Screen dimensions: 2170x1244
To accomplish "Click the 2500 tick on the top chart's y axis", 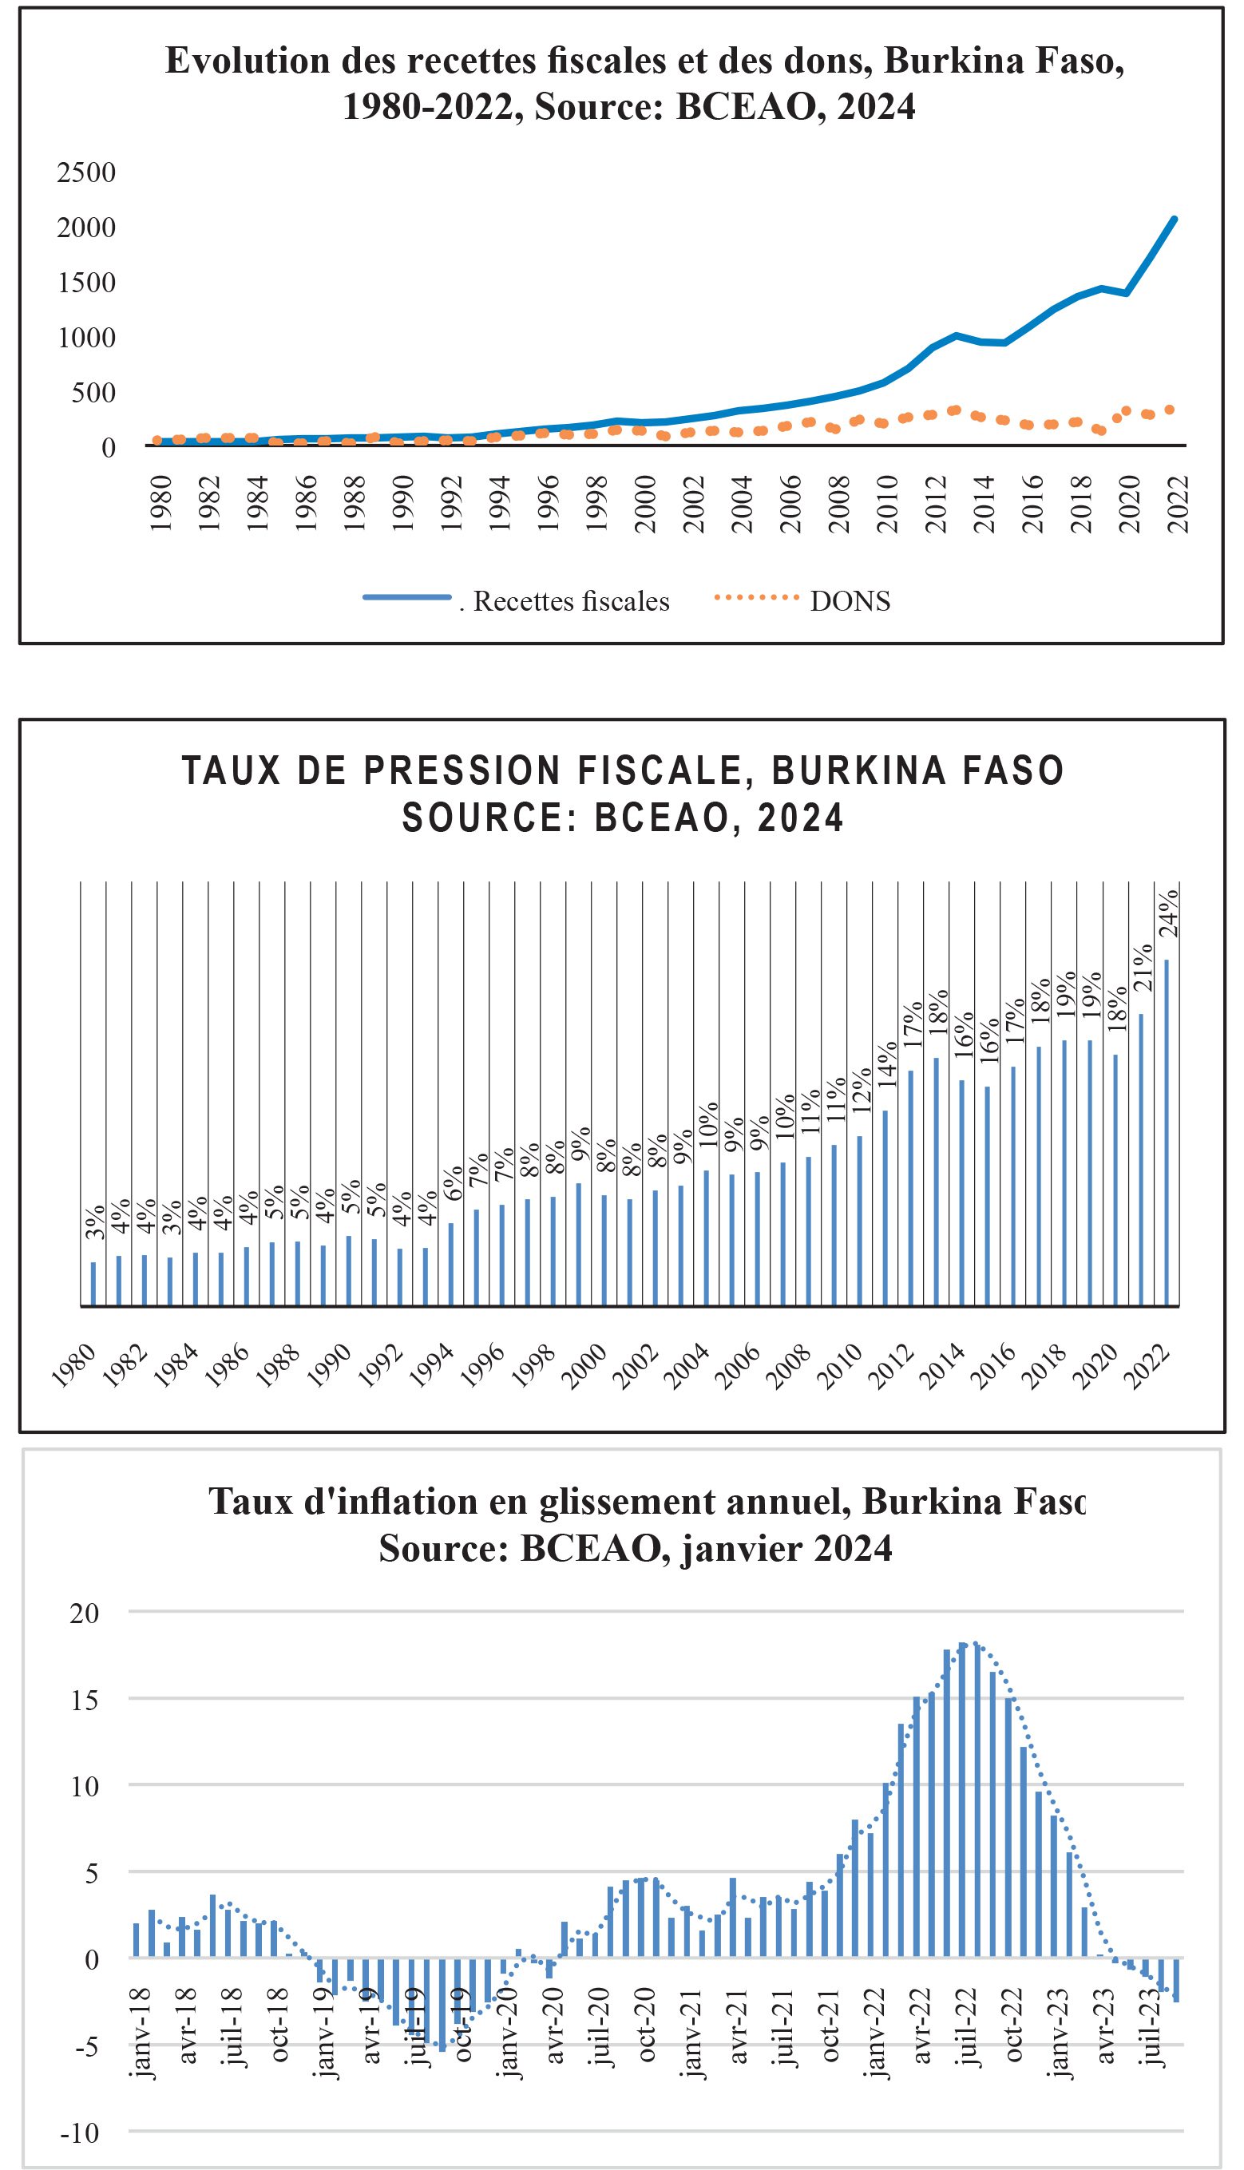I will click(86, 172).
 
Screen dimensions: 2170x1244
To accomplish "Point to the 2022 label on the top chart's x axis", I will click(1179, 504).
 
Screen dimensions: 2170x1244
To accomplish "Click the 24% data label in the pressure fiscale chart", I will click(1169, 913).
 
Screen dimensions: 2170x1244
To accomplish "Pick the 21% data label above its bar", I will click(1143, 968).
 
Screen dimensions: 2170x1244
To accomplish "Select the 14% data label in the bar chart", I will click(888, 1064).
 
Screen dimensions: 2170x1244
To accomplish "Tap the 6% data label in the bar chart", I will click(454, 1182).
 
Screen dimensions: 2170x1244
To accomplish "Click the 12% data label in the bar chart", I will click(862, 1090).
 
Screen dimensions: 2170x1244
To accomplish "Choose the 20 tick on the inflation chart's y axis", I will click(85, 1614).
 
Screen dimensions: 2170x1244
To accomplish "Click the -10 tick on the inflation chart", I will click(80, 2133).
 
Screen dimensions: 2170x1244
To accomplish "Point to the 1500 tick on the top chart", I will click(86, 283).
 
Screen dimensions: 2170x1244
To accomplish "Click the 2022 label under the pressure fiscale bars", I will click(1147, 1368).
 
